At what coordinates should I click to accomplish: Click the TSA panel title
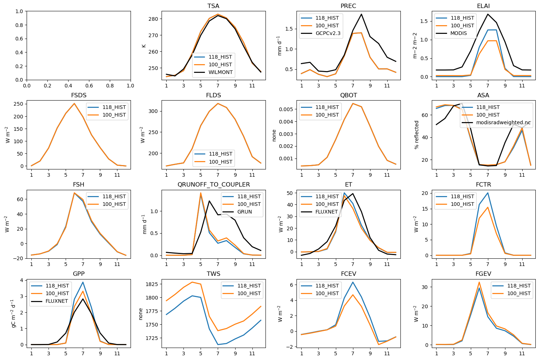(213, 6)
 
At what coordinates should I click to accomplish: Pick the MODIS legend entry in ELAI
(458, 33)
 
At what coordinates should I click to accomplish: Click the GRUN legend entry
(244, 212)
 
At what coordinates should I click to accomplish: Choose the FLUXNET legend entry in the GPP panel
(57, 301)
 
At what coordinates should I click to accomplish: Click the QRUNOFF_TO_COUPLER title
(213, 185)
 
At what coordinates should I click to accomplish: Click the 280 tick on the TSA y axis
(153, 19)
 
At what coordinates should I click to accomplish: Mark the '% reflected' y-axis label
(417, 135)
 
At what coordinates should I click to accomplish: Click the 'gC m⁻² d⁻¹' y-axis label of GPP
(13, 313)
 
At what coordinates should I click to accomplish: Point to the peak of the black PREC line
(361, 14)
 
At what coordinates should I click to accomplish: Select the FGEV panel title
(483, 274)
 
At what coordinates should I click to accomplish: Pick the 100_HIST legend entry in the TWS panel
(249, 293)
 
